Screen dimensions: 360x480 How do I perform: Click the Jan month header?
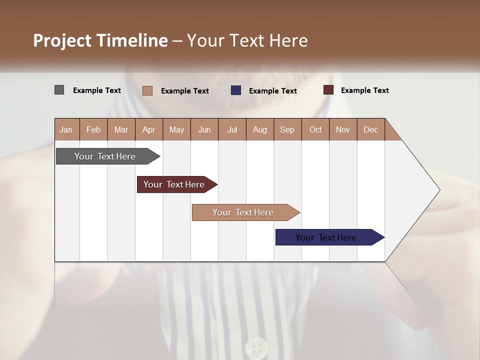tap(66, 129)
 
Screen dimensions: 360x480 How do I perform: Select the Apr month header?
tap(149, 129)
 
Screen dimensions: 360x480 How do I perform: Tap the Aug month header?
tap(260, 129)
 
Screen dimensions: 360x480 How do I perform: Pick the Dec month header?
tap(371, 129)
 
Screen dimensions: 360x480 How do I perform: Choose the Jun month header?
tap(204, 129)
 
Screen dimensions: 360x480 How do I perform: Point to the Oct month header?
tap(315, 129)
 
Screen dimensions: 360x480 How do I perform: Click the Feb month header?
tap(93, 129)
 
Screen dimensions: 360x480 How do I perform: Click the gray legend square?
tap(59, 90)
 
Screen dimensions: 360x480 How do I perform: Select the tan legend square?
tap(147, 90)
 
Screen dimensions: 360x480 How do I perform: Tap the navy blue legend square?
tap(236, 90)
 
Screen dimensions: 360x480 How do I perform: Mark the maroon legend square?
tap(328, 90)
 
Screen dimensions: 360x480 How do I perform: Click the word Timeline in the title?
tap(132, 40)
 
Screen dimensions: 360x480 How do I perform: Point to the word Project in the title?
tap(62, 40)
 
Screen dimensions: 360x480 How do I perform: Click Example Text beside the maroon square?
tap(364, 90)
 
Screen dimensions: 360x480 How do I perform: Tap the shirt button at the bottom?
tap(256, 346)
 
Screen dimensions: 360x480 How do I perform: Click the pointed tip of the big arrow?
tap(438, 190)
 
